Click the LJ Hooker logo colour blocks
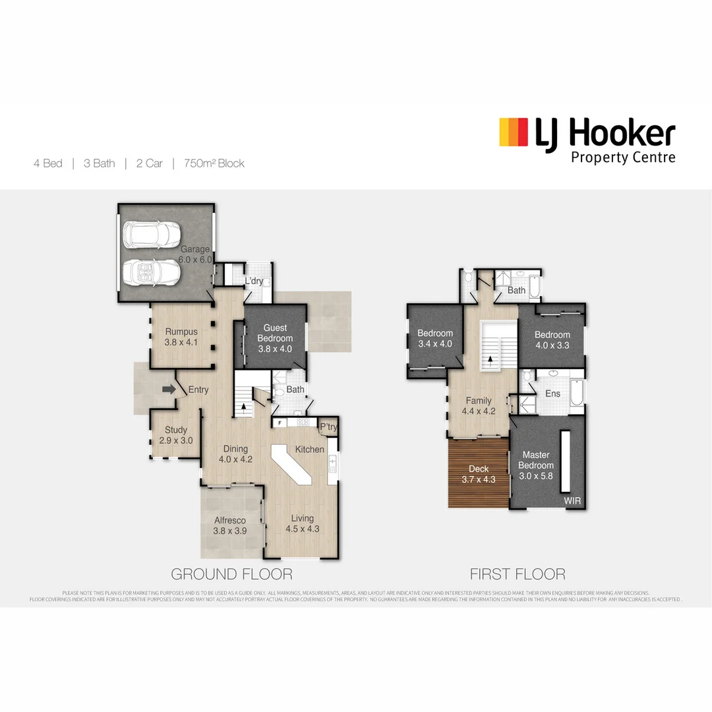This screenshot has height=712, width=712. click(x=514, y=132)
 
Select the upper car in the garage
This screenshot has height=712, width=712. click(x=150, y=233)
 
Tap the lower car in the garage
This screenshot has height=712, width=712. click(x=151, y=271)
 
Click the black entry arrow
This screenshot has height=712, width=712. click(x=169, y=390)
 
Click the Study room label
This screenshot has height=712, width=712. click(x=176, y=430)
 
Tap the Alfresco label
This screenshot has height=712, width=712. click(x=230, y=521)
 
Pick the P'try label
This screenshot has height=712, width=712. click(x=328, y=427)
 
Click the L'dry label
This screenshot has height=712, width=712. click(x=254, y=282)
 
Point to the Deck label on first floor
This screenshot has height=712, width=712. click(x=479, y=469)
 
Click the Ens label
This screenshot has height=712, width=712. click(x=552, y=394)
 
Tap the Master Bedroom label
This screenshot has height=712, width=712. click(x=536, y=460)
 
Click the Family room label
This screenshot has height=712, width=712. click(x=479, y=400)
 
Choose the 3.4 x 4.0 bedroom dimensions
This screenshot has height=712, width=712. click(x=435, y=343)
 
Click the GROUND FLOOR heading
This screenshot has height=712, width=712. click(x=231, y=574)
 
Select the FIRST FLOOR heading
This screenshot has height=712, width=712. click(x=517, y=574)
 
